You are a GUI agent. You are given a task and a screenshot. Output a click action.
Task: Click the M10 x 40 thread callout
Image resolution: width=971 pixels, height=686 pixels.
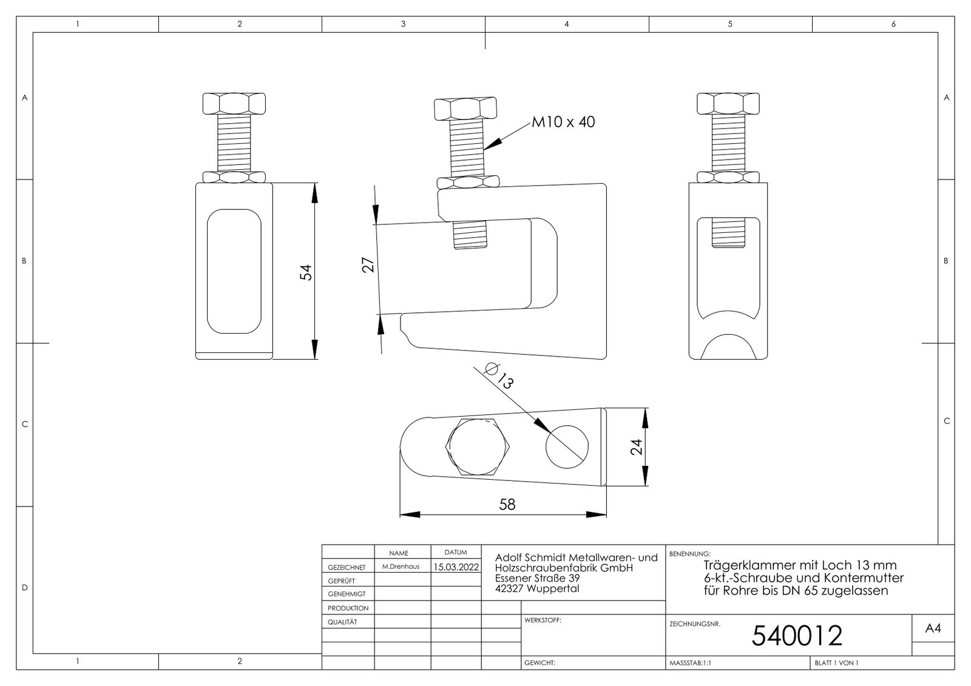(x=563, y=122)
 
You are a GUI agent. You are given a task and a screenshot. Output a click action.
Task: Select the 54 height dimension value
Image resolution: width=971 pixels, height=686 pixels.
(x=306, y=272)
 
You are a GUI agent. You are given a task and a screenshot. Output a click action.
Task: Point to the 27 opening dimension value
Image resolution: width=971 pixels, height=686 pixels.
(x=368, y=265)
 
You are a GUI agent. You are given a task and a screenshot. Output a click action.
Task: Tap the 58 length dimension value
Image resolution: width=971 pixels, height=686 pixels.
(x=507, y=504)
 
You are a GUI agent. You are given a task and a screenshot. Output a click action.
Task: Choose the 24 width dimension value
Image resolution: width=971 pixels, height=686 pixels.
(x=636, y=447)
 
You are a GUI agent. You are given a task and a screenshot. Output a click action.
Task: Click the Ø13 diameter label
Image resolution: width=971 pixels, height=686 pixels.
(x=499, y=376)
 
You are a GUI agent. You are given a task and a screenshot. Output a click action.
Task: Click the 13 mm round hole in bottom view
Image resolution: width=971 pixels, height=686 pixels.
(x=567, y=447)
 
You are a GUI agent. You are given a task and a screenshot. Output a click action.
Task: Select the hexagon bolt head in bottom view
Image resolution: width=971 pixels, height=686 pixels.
(x=478, y=447)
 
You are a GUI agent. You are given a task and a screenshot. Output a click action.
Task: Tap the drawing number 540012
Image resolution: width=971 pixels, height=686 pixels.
(x=797, y=635)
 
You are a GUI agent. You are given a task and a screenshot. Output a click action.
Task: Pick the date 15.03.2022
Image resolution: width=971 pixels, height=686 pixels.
(x=456, y=567)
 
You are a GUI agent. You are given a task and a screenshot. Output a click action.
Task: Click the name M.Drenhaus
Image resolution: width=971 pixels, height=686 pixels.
(x=401, y=567)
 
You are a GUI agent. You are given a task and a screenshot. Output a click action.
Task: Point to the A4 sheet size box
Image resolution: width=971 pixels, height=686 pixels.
(x=933, y=628)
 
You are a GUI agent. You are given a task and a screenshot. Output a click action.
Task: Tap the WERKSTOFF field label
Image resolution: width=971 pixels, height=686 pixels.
(x=543, y=620)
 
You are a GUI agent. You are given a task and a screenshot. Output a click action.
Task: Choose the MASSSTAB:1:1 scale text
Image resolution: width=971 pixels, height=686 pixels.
(x=691, y=662)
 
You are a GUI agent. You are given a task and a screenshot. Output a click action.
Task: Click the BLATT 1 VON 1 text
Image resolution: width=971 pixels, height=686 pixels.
(x=837, y=662)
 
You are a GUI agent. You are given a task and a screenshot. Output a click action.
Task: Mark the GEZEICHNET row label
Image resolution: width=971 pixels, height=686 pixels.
(x=347, y=567)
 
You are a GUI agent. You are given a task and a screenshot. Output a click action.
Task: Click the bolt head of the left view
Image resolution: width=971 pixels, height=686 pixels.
(x=234, y=104)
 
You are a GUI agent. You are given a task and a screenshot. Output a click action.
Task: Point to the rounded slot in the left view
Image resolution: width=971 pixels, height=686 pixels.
(x=234, y=271)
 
